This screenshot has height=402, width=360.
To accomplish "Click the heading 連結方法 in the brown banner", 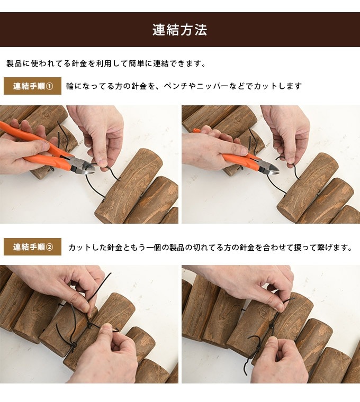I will [179, 30].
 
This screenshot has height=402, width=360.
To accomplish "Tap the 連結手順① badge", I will [32, 86].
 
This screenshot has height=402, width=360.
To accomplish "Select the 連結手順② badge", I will [32, 247].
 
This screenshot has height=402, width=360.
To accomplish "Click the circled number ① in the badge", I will [50, 86].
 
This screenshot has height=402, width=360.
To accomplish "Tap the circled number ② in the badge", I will [50, 247].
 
